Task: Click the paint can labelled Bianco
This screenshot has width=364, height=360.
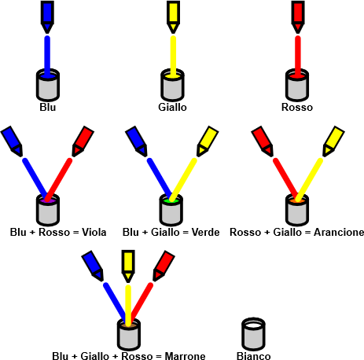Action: [x=253, y=334]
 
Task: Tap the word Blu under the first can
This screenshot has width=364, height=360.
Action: [x=48, y=107]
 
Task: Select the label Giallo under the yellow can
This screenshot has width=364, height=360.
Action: [x=172, y=107]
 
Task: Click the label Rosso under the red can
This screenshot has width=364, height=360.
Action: [x=297, y=107]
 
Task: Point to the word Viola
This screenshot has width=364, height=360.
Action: [x=94, y=232]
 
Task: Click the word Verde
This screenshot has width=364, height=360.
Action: [x=205, y=232]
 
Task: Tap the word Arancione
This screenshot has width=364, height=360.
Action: [x=339, y=232]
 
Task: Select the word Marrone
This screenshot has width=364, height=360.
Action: [x=185, y=356]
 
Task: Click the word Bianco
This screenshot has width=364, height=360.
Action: [x=254, y=356]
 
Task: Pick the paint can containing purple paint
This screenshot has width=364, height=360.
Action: [x=48, y=210]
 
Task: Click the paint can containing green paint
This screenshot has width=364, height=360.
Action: [x=171, y=210]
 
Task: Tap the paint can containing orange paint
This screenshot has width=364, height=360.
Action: [x=297, y=210]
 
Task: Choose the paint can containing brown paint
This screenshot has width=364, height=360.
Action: [x=128, y=335]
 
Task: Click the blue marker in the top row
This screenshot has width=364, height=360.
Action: [x=47, y=17]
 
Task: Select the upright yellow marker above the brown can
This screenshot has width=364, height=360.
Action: [x=128, y=266]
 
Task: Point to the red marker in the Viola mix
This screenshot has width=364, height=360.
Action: [x=83, y=141]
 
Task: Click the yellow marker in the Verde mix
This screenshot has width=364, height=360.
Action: [x=208, y=141]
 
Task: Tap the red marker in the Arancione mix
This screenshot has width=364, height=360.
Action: [x=263, y=141]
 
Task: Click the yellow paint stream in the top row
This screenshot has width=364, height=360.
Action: [x=173, y=57]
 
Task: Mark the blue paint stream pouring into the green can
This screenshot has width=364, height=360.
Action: [x=160, y=178]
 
